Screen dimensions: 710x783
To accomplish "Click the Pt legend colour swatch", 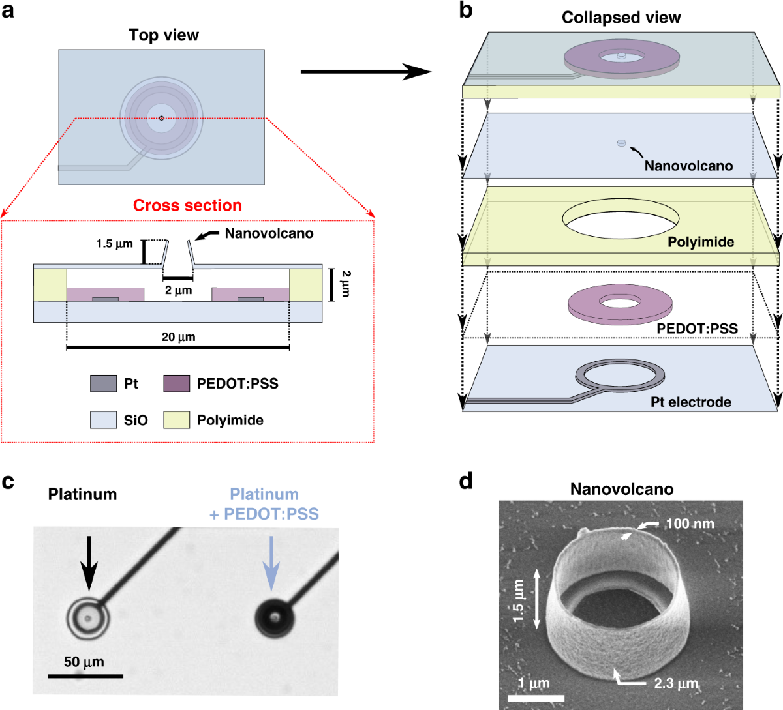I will (103, 383).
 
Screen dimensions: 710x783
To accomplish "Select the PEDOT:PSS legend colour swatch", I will (176, 383).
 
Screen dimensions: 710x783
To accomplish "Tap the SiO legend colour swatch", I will (103, 420).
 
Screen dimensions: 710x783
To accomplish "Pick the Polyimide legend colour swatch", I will (176, 420).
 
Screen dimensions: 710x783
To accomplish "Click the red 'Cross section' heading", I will (187, 205).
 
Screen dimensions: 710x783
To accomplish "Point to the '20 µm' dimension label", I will (178, 337).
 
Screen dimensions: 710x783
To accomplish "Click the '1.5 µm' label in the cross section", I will (114, 244).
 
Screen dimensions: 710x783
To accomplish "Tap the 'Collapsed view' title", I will (621, 18).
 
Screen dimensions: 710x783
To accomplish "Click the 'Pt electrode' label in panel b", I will (690, 402).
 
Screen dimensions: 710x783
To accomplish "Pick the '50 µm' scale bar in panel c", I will (85, 676).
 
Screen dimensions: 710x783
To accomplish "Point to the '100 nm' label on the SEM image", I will (689, 524).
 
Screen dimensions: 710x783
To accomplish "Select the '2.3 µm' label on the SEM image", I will (676, 683).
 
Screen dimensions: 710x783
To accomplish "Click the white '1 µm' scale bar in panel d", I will (535, 698).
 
